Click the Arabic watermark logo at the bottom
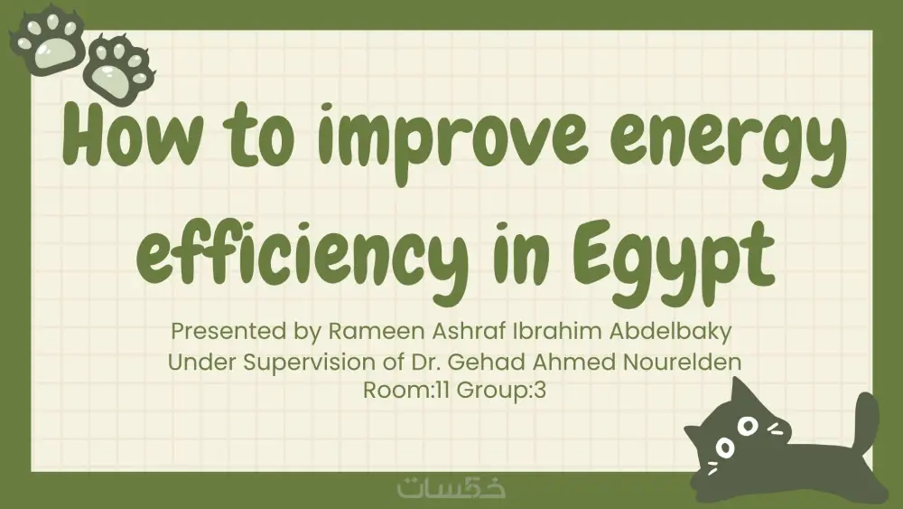(451, 487)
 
